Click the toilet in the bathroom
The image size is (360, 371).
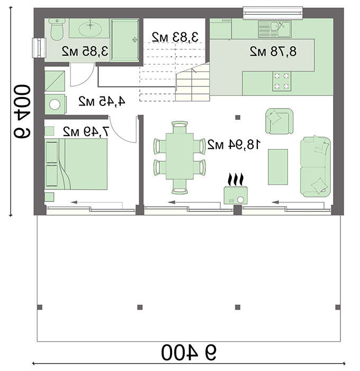57,29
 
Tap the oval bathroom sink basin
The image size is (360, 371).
91,29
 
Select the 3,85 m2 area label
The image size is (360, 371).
85,51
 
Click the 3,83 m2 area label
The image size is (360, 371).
175,37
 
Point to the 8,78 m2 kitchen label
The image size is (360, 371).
273,51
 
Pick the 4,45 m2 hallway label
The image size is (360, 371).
102,101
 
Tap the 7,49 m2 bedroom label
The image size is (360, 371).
86,131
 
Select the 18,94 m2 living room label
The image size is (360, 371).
234,144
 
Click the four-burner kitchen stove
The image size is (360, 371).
282,82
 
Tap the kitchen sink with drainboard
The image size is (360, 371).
274,29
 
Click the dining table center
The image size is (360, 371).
179,156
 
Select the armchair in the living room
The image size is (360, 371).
280,121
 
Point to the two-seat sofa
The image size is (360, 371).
315,166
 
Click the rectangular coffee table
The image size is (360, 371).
278,167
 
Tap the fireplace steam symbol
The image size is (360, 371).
236,180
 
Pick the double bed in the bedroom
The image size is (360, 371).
76,164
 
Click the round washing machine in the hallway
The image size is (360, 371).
55,104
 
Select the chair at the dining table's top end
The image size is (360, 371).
179,127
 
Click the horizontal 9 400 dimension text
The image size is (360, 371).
188,352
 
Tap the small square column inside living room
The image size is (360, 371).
238,117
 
